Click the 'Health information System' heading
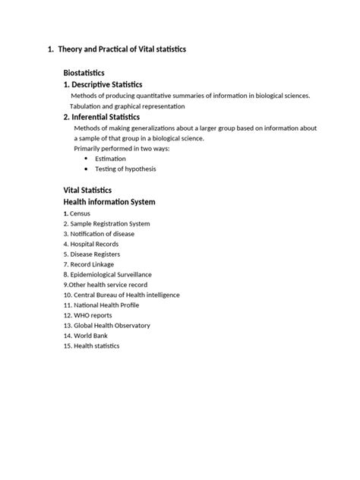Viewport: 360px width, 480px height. (x=109, y=202)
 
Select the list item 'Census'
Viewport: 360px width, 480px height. (x=77, y=213)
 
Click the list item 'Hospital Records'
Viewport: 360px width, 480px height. (x=93, y=245)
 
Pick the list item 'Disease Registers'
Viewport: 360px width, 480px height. (x=96, y=254)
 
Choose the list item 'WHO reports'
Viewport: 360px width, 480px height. (x=91, y=315)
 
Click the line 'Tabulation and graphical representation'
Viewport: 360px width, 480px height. (x=127, y=106)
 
